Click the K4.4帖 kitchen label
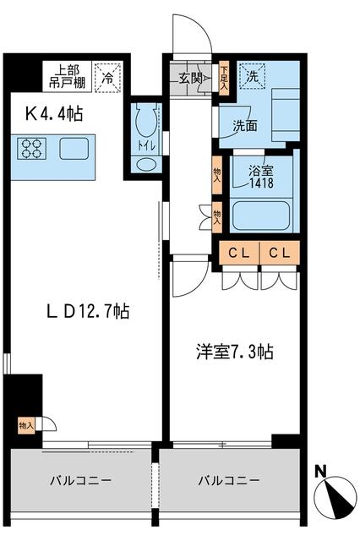point(52,112)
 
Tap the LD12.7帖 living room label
point(88,311)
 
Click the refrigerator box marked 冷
point(108,75)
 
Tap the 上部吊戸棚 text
point(67,75)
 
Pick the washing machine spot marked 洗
point(251,75)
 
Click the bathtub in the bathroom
point(262,214)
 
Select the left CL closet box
point(238,253)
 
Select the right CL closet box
point(280,253)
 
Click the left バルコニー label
point(79,479)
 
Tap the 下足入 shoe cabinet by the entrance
point(224,79)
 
